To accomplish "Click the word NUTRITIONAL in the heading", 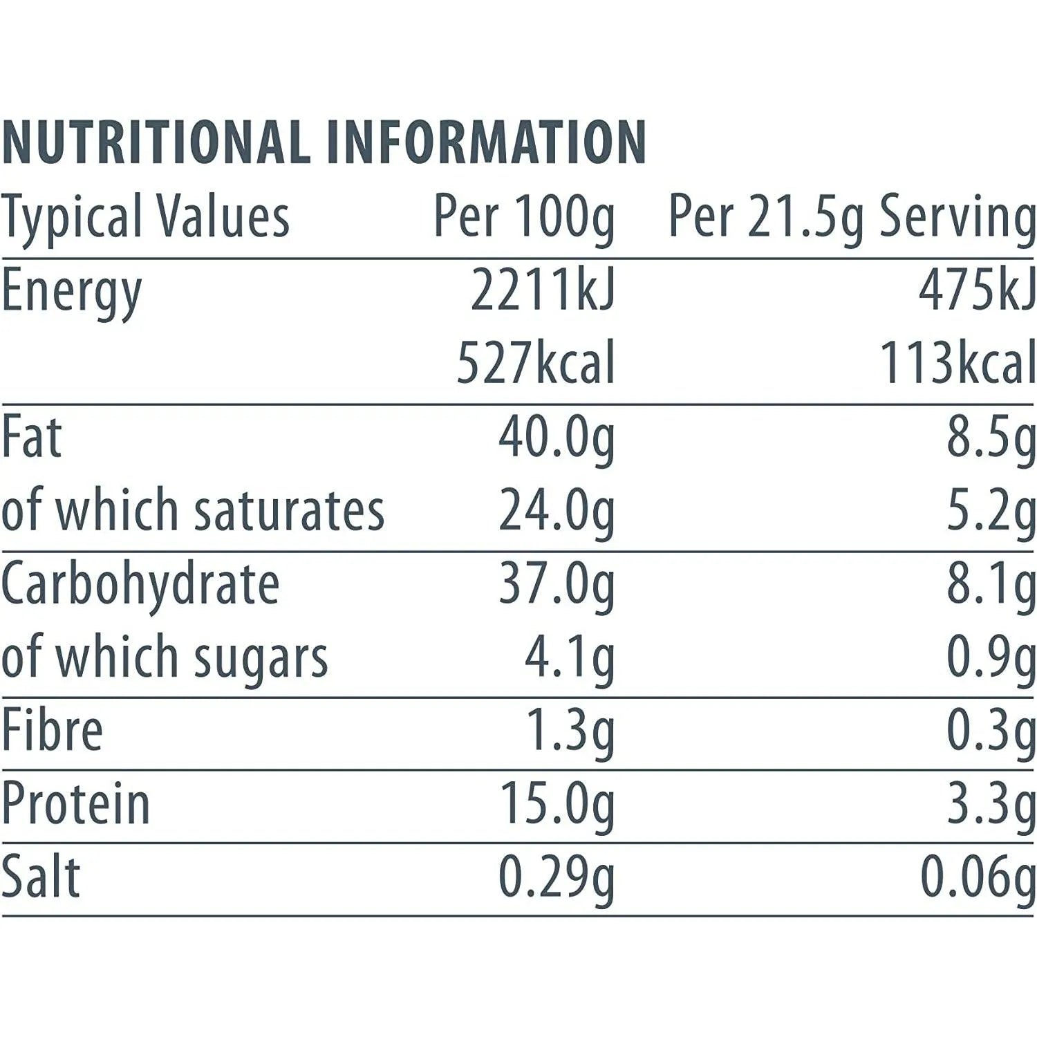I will pyautogui.click(x=156, y=142).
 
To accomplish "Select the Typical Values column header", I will pyautogui.click(x=145, y=218).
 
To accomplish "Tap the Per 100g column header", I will pyautogui.click(x=524, y=218).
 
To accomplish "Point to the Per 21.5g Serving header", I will pyautogui.click(x=852, y=218).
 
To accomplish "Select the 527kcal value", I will pyautogui.click(x=536, y=364).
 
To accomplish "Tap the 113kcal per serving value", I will pyautogui.click(x=957, y=364).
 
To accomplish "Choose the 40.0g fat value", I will pyautogui.click(x=557, y=440).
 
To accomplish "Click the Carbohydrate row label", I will pyautogui.click(x=140, y=585).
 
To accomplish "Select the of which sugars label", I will pyautogui.click(x=165, y=658).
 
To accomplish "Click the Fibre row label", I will pyautogui.click(x=52, y=731).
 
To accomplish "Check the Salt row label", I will pyautogui.click(x=41, y=877).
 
